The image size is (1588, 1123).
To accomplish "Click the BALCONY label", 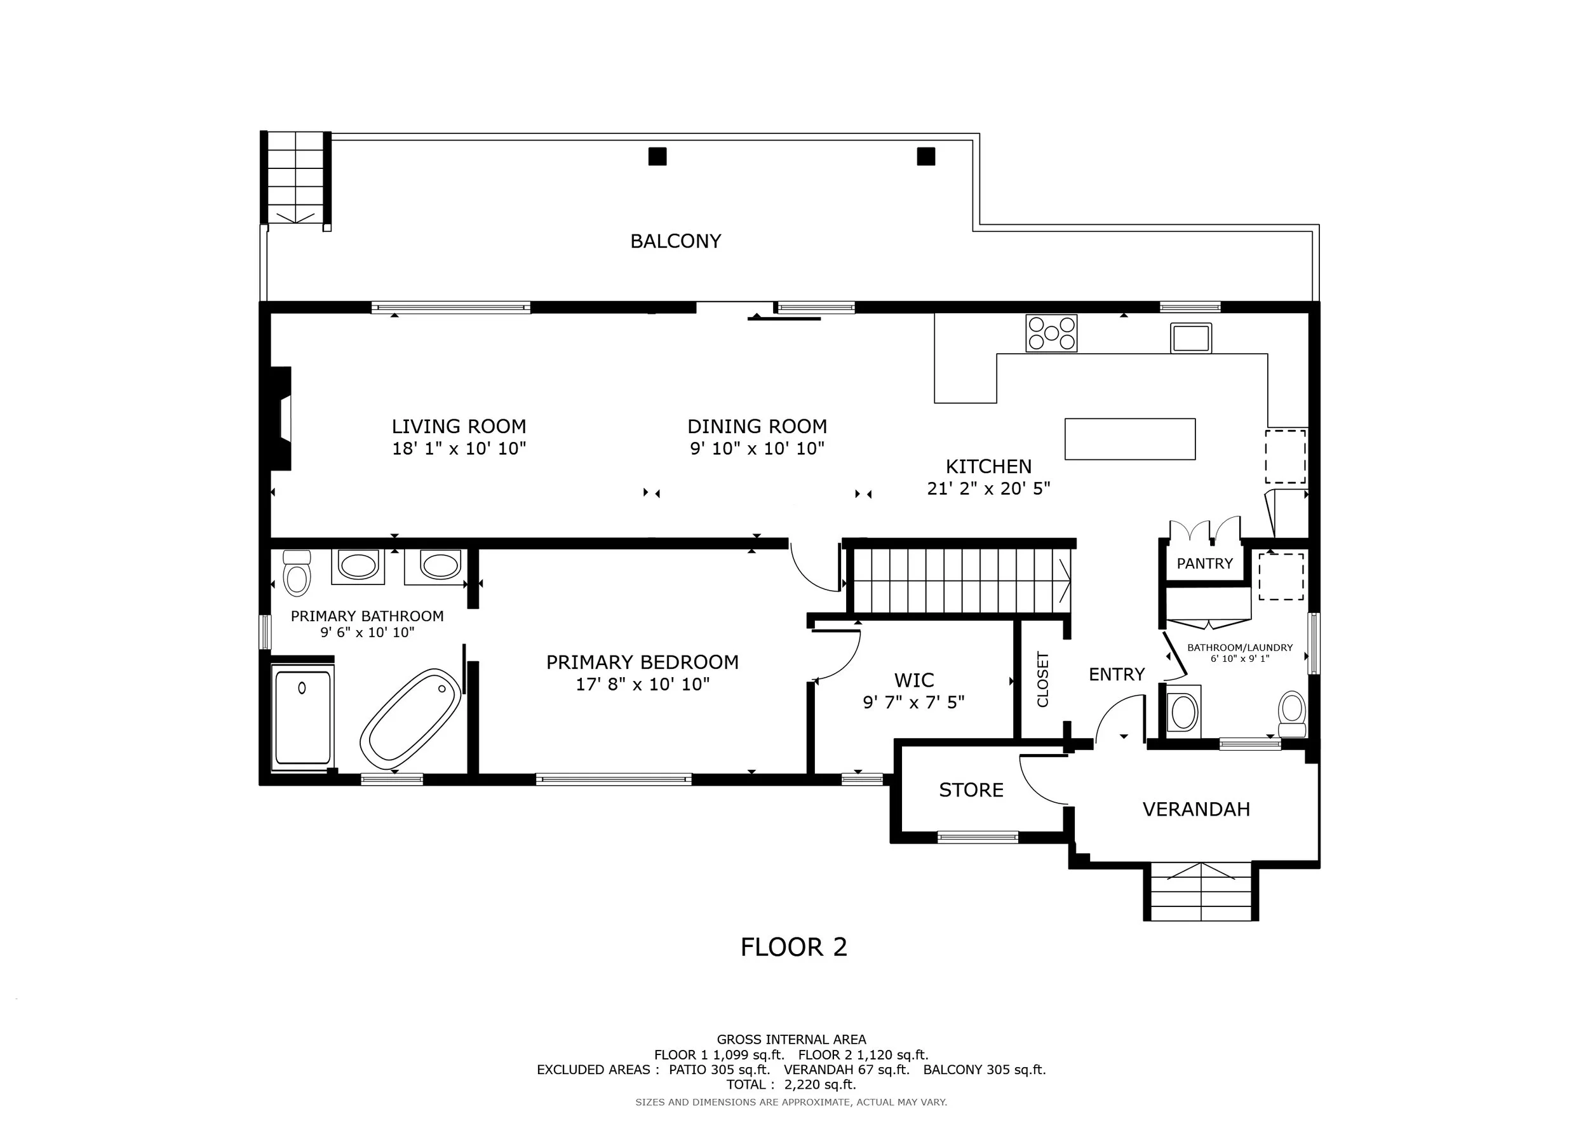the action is pyautogui.click(x=676, y=241).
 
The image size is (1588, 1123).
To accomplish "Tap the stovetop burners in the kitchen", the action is pyautogui.click(x=1051, y=333).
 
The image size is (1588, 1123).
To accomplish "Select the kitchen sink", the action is pyautogui.click(x=1191, y=338).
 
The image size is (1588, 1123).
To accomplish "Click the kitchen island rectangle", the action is pyautogui.click(x=1130, y=439).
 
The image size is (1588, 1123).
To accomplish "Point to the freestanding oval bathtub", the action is pyautogui.click(x=411, y=715).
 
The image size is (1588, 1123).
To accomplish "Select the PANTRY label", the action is pyautogui.click(x=1205, y=563).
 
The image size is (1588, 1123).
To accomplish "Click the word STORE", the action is pyautogui.click(x=971, y=790).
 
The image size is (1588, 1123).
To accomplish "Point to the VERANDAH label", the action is pyautogui.click(x=1197, y=810).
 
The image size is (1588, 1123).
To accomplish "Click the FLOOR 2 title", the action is pyautogui.click(x=794, y=947).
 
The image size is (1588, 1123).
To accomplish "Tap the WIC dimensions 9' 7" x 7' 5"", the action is pyautogui.click(x=913, y=703).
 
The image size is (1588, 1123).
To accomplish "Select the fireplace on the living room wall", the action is pyautogui.click(x=280, y=419).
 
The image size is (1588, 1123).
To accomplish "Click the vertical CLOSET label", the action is pyautogui.click(x=1043, y=680).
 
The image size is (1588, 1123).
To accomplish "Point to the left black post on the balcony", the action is pyautogui.click(x=657, y=156).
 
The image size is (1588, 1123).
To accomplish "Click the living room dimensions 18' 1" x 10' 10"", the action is pyautogui.click(x=459, y=449).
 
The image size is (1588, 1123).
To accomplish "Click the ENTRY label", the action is pyautogui.click(x=1117, y=674).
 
